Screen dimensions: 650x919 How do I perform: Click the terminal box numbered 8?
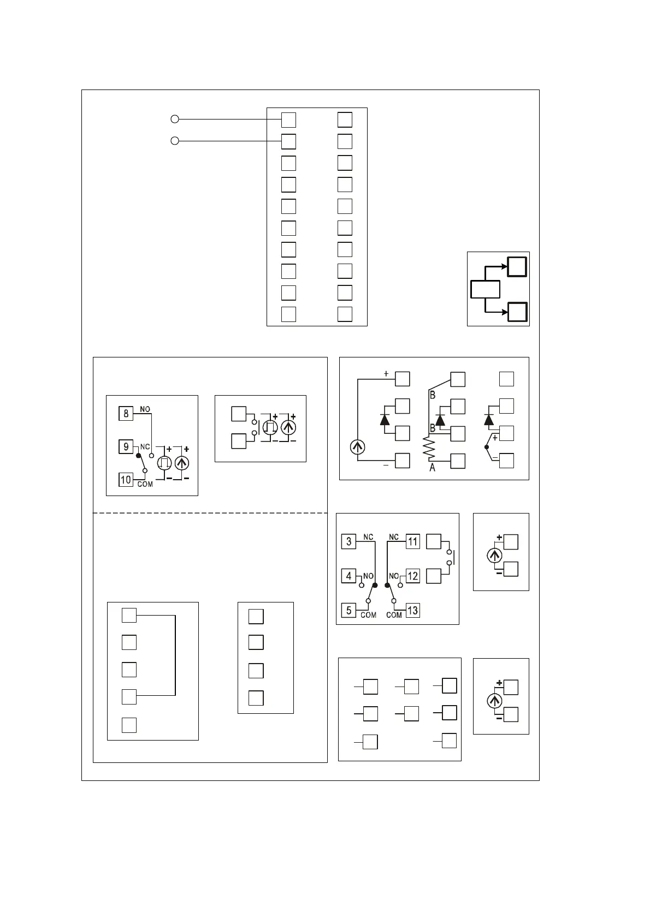click(x=126, y=413)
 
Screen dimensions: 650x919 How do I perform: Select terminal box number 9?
click(x=126, y=446)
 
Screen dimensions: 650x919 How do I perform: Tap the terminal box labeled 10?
click(x=126, y=480)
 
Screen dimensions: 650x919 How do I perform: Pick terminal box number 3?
click(x=348, y=541)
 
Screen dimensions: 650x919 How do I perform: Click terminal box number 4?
click(x=348, y=576)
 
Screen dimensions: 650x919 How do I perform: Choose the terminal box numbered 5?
click(x=348, y=610)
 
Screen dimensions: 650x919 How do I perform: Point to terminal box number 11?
click(x=412, y=541)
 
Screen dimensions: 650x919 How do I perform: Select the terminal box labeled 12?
click(x=412, y=576)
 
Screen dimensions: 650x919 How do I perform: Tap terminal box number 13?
click(x=412, y=610)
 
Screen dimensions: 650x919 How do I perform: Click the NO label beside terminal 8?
click(x=145, y=409)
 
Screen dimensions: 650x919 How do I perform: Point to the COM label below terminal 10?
click(x=145, y=484)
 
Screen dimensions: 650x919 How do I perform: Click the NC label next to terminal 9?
click(x=145, y=446)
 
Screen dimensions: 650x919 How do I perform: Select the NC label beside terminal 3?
click(x=368, y=537)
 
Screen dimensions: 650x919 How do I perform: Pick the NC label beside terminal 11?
click(x=394, y=537)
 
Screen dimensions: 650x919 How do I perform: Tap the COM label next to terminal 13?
click(x=394, y=615)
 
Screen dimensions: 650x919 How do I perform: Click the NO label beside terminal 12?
click(x=394, y=576)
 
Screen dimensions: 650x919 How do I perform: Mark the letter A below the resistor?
click(x=433, y=468)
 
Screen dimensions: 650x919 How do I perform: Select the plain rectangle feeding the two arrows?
click(x=485, y=289)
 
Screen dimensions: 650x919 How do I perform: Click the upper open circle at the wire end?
click(x=174, y=119)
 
